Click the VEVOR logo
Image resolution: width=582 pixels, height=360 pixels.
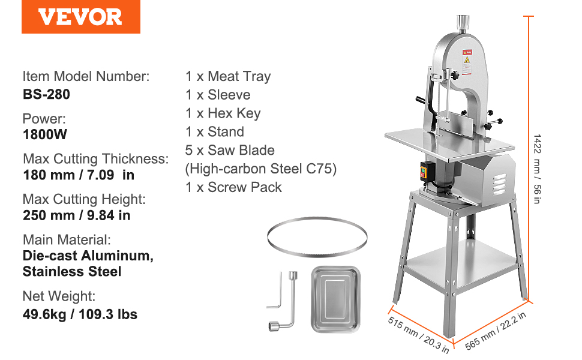click(x=80, y=17)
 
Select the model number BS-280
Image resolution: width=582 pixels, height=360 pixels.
click(x=46, y=94)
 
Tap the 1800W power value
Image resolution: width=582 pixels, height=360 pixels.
click(x=45, y=134)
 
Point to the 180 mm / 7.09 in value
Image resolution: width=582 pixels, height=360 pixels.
click(x=79, y=175)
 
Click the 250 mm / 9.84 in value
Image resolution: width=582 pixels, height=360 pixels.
click(x=76, y=215)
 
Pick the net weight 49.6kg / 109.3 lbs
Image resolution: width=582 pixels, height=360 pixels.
click(x=80, y=314)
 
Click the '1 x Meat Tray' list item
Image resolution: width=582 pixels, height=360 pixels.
click(x=228, y=76)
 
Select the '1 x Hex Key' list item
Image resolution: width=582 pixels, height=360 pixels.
click(x=223, y=113)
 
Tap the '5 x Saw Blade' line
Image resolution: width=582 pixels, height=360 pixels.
click(x=230, y=151)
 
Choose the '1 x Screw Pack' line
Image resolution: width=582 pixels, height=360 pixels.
click(x=233, y=187)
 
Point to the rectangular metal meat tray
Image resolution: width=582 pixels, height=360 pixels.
click(x=335, y=299)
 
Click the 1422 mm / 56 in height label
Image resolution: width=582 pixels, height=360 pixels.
click(x=537, y=169)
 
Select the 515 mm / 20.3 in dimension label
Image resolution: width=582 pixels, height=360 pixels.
click(x=418, y=335)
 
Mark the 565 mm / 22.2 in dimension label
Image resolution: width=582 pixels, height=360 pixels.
click(x=496, y=331)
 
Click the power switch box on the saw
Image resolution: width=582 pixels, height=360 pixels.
click(x=427, y=172)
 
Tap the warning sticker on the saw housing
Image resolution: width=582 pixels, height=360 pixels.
click(x=467, y=62)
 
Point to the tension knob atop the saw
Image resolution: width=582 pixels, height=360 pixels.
click(x=463, y=23)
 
